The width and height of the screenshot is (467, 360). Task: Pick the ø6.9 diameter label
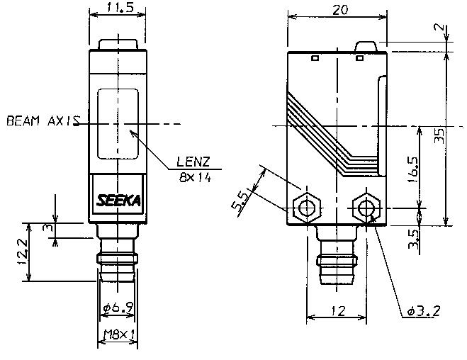pyautogui.click(x=118, y=310)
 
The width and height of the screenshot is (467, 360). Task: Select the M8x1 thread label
pyautogui.click(x=118, y=334)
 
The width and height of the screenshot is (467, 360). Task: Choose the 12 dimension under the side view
pyautogui.click(x=337, y=310)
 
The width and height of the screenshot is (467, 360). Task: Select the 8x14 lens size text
pyautogui.click(x=195, y=177)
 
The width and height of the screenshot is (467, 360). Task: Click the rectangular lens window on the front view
pyautogui.click(x=118, y=124)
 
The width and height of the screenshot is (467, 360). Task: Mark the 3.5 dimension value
pyautogui.click(x=413, y=236)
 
